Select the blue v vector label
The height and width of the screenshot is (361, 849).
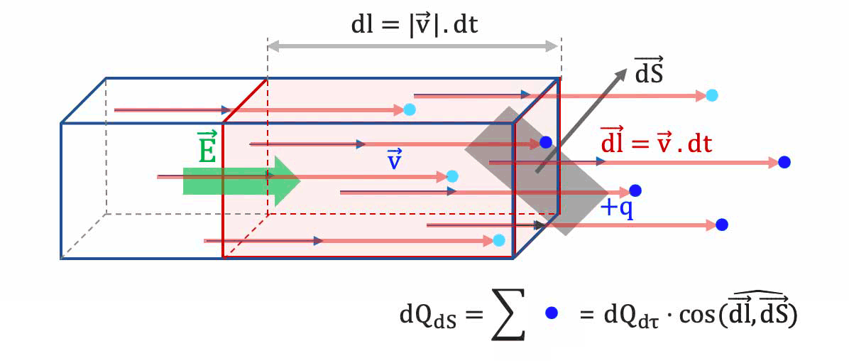(395, 158)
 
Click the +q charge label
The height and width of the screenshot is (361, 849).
(618, 208)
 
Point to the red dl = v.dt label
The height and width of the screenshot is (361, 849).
(656, 144)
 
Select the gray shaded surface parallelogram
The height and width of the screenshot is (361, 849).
(537, 171)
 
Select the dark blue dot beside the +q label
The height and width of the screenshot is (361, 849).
(635, 190)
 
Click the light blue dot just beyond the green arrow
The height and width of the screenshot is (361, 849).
(452, 176)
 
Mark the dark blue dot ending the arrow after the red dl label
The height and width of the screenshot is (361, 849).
(784, 162)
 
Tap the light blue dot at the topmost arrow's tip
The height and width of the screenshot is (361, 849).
(712, 95)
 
